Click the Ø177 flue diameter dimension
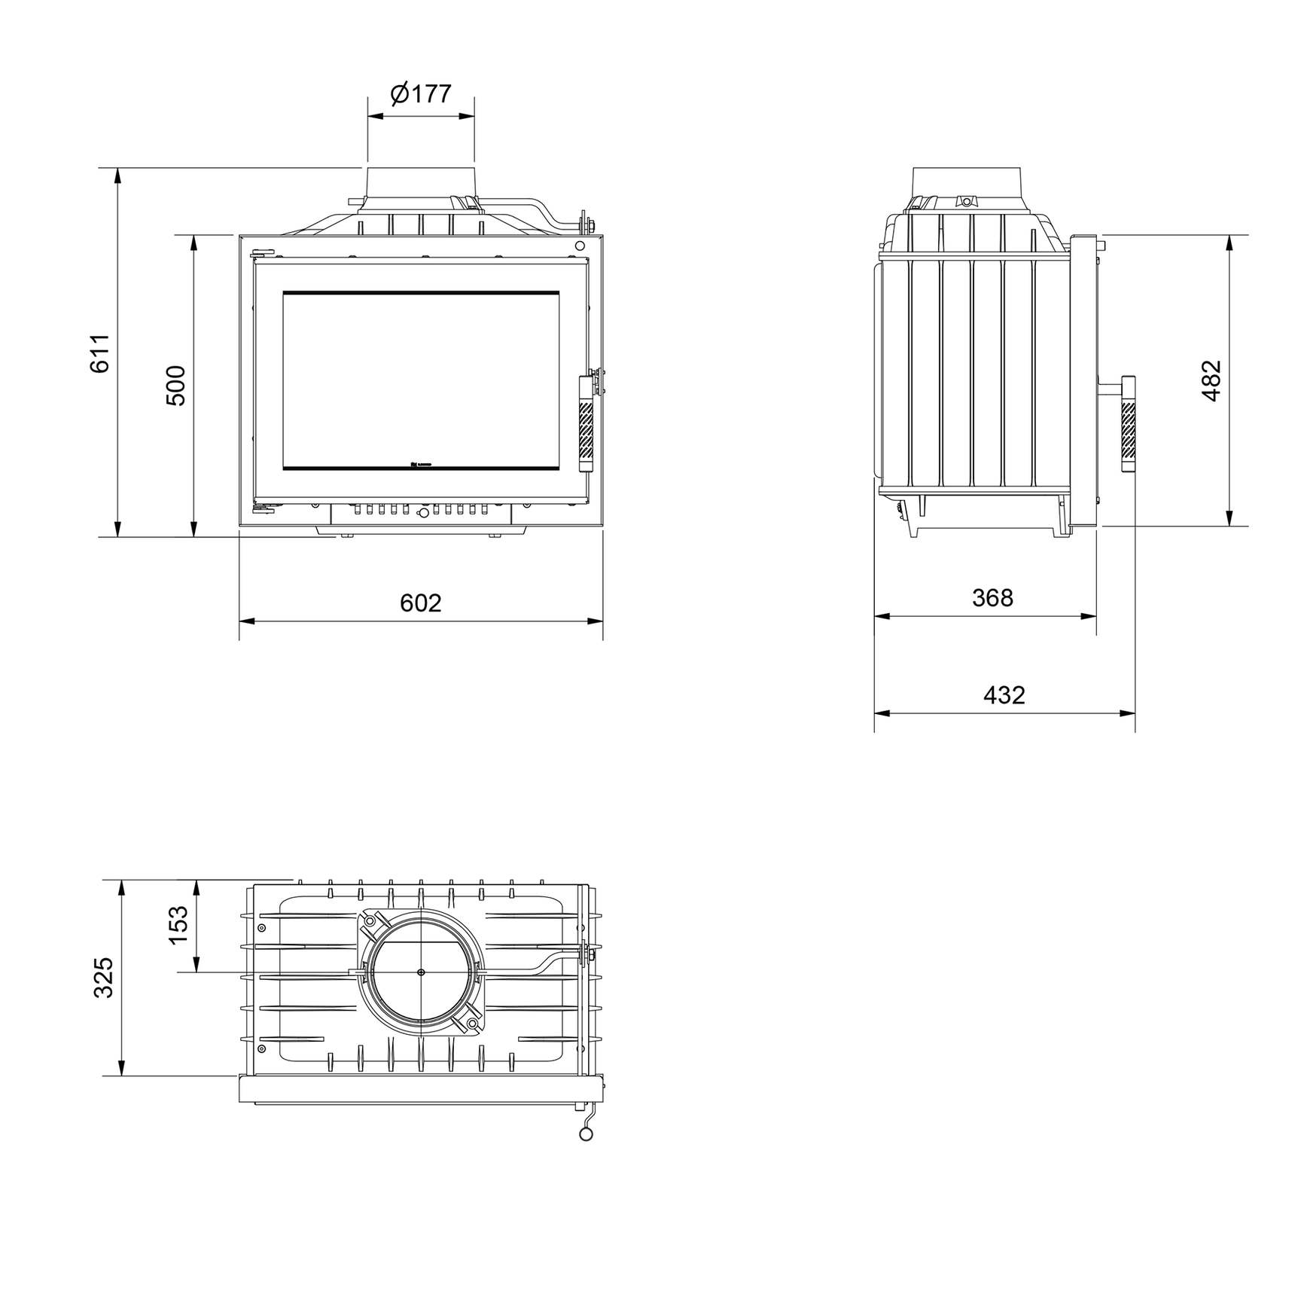(x=421, y=94)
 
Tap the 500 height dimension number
(x=175, y=385)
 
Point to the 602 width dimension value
(x=420, y=603)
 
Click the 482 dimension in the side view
(x=1211, y=380)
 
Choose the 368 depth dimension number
(x=992, y=598)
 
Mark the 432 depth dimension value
(x=1004, y=694)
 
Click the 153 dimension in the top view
(x=178, y=925)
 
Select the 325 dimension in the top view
(x=103, y=978)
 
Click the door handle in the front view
(x=586, y=423)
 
